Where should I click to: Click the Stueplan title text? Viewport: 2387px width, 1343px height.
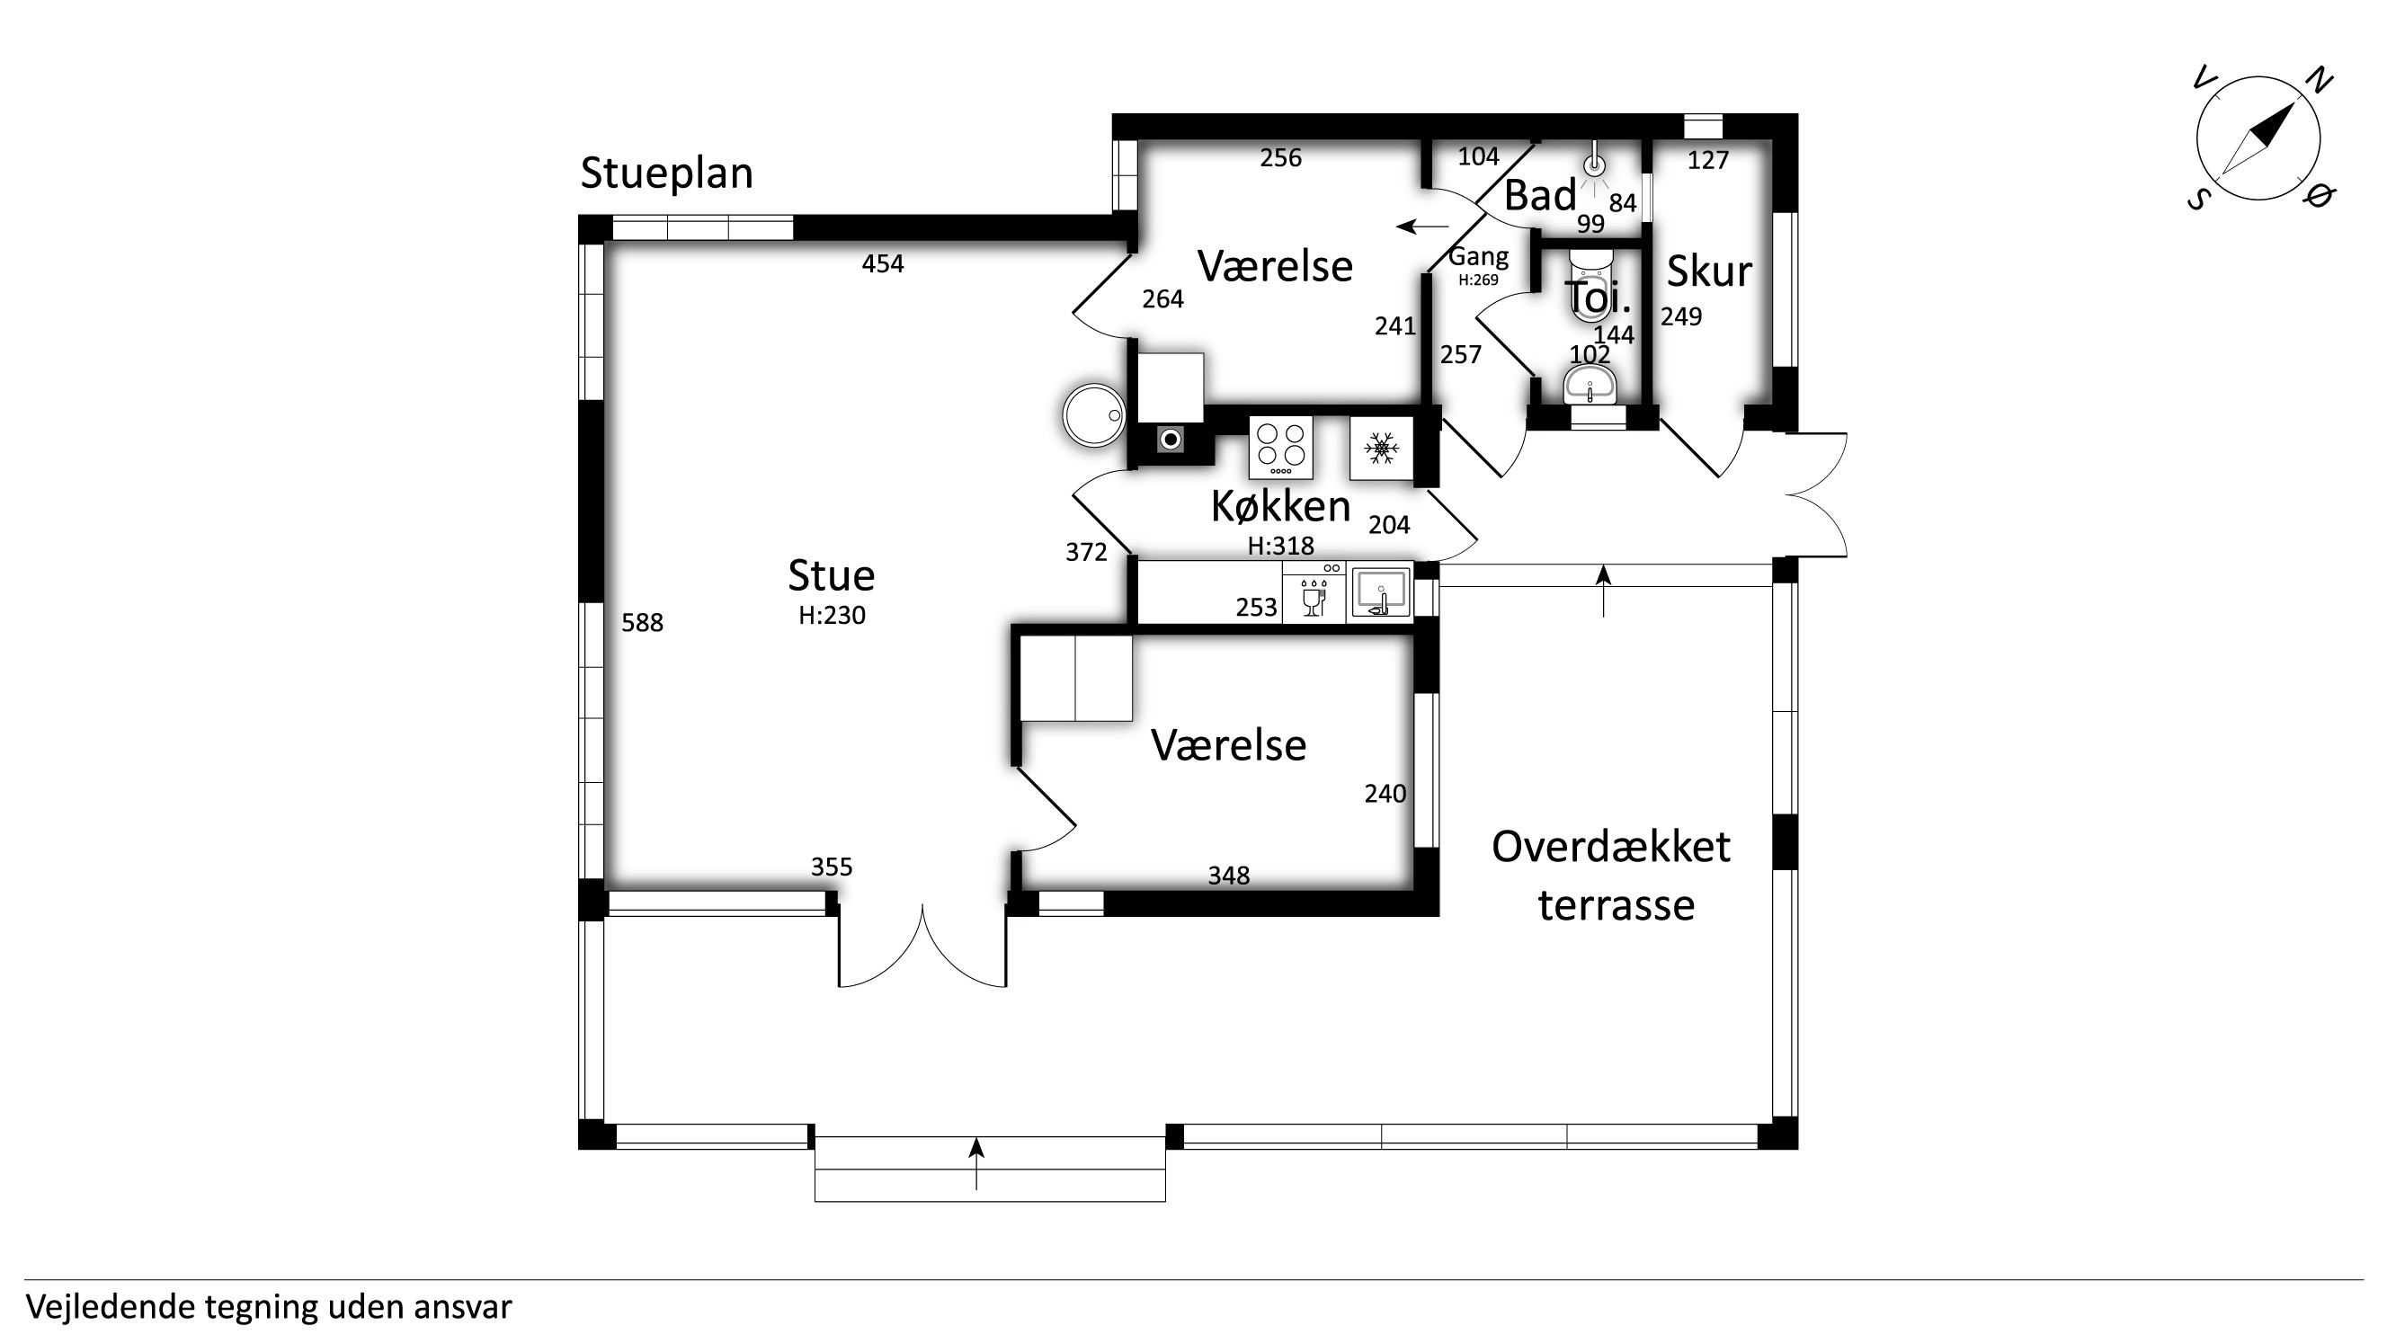pyautogui.click(x=666, y=174)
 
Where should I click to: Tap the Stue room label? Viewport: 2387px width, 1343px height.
pyautogui.click(x=832, y=576)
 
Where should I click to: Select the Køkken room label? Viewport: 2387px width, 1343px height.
pyautogui.click(x=1280, y=507)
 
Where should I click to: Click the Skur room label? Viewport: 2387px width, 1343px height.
pyautogui.click(x=1709, y=271)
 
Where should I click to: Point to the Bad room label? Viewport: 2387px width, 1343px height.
pyautogui.click(x=1539, y=195)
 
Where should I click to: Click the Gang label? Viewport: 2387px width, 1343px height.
pyautogui.click(x=1478, y=257)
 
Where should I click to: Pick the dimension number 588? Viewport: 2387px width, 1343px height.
pyautogui.click(x=642, y=623)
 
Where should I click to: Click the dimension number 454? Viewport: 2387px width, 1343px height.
pyautogui.click(x=882, y=265)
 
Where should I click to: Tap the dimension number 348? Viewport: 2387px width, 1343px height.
pyautogui.click(x=1229, y=876)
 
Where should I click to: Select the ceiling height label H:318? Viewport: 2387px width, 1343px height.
pyautogui.click(x=1280, y=547)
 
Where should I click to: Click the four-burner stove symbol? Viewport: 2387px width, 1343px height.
pyautogui.click(x=1280, y=448)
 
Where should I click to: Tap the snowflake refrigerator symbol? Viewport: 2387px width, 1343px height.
pyautogui.click(x=1381, y=449)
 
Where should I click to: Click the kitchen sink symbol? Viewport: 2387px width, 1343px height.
pyautogui.click(x=1380, y=592)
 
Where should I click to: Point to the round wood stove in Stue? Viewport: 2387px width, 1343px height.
pyautogui.click(x=1093, y=416)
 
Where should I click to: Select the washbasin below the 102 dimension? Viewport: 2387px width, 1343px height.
pyautogui.click(x=1590, y=385)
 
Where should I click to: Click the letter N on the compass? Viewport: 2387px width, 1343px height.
pyautogui.click(x=2319, y=82)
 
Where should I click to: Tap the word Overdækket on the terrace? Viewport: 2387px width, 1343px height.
pyautogui.click(x=1610, y=848)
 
